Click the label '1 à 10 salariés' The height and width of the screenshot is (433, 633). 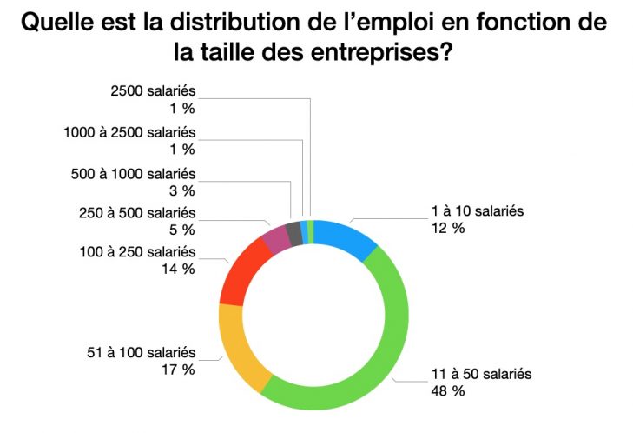[478, 210]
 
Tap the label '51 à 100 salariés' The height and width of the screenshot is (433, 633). [140, 353]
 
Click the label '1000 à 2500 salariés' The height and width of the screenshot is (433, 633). [130, 132]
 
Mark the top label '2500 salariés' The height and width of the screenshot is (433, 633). [154, 90]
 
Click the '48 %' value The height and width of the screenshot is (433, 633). [448, 390]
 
